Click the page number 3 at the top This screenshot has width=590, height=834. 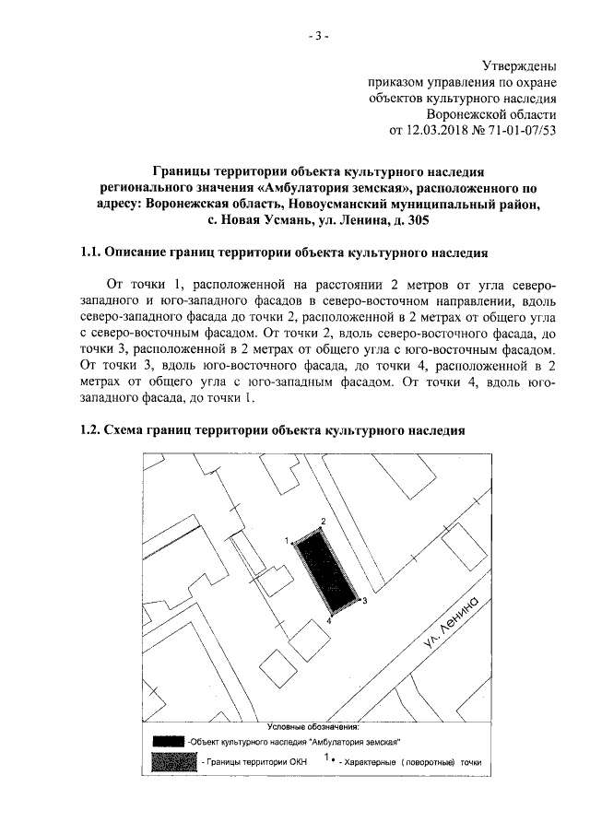pyautogui.click(x=316, y=37)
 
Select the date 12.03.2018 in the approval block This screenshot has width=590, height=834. pyautogui.click(x=440, y=130)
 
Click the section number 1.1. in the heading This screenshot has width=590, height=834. pyautogui.click(x=89, y=253)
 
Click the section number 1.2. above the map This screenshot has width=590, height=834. pyautogui.click(x=89, y=429)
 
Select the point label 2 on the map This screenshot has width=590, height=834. pyautogui.click(x=323, y=522)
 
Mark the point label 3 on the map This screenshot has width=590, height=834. pyautogui.click(x=364, y=601)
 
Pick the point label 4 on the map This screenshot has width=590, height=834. pyautogui.click(x=328, y=622)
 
